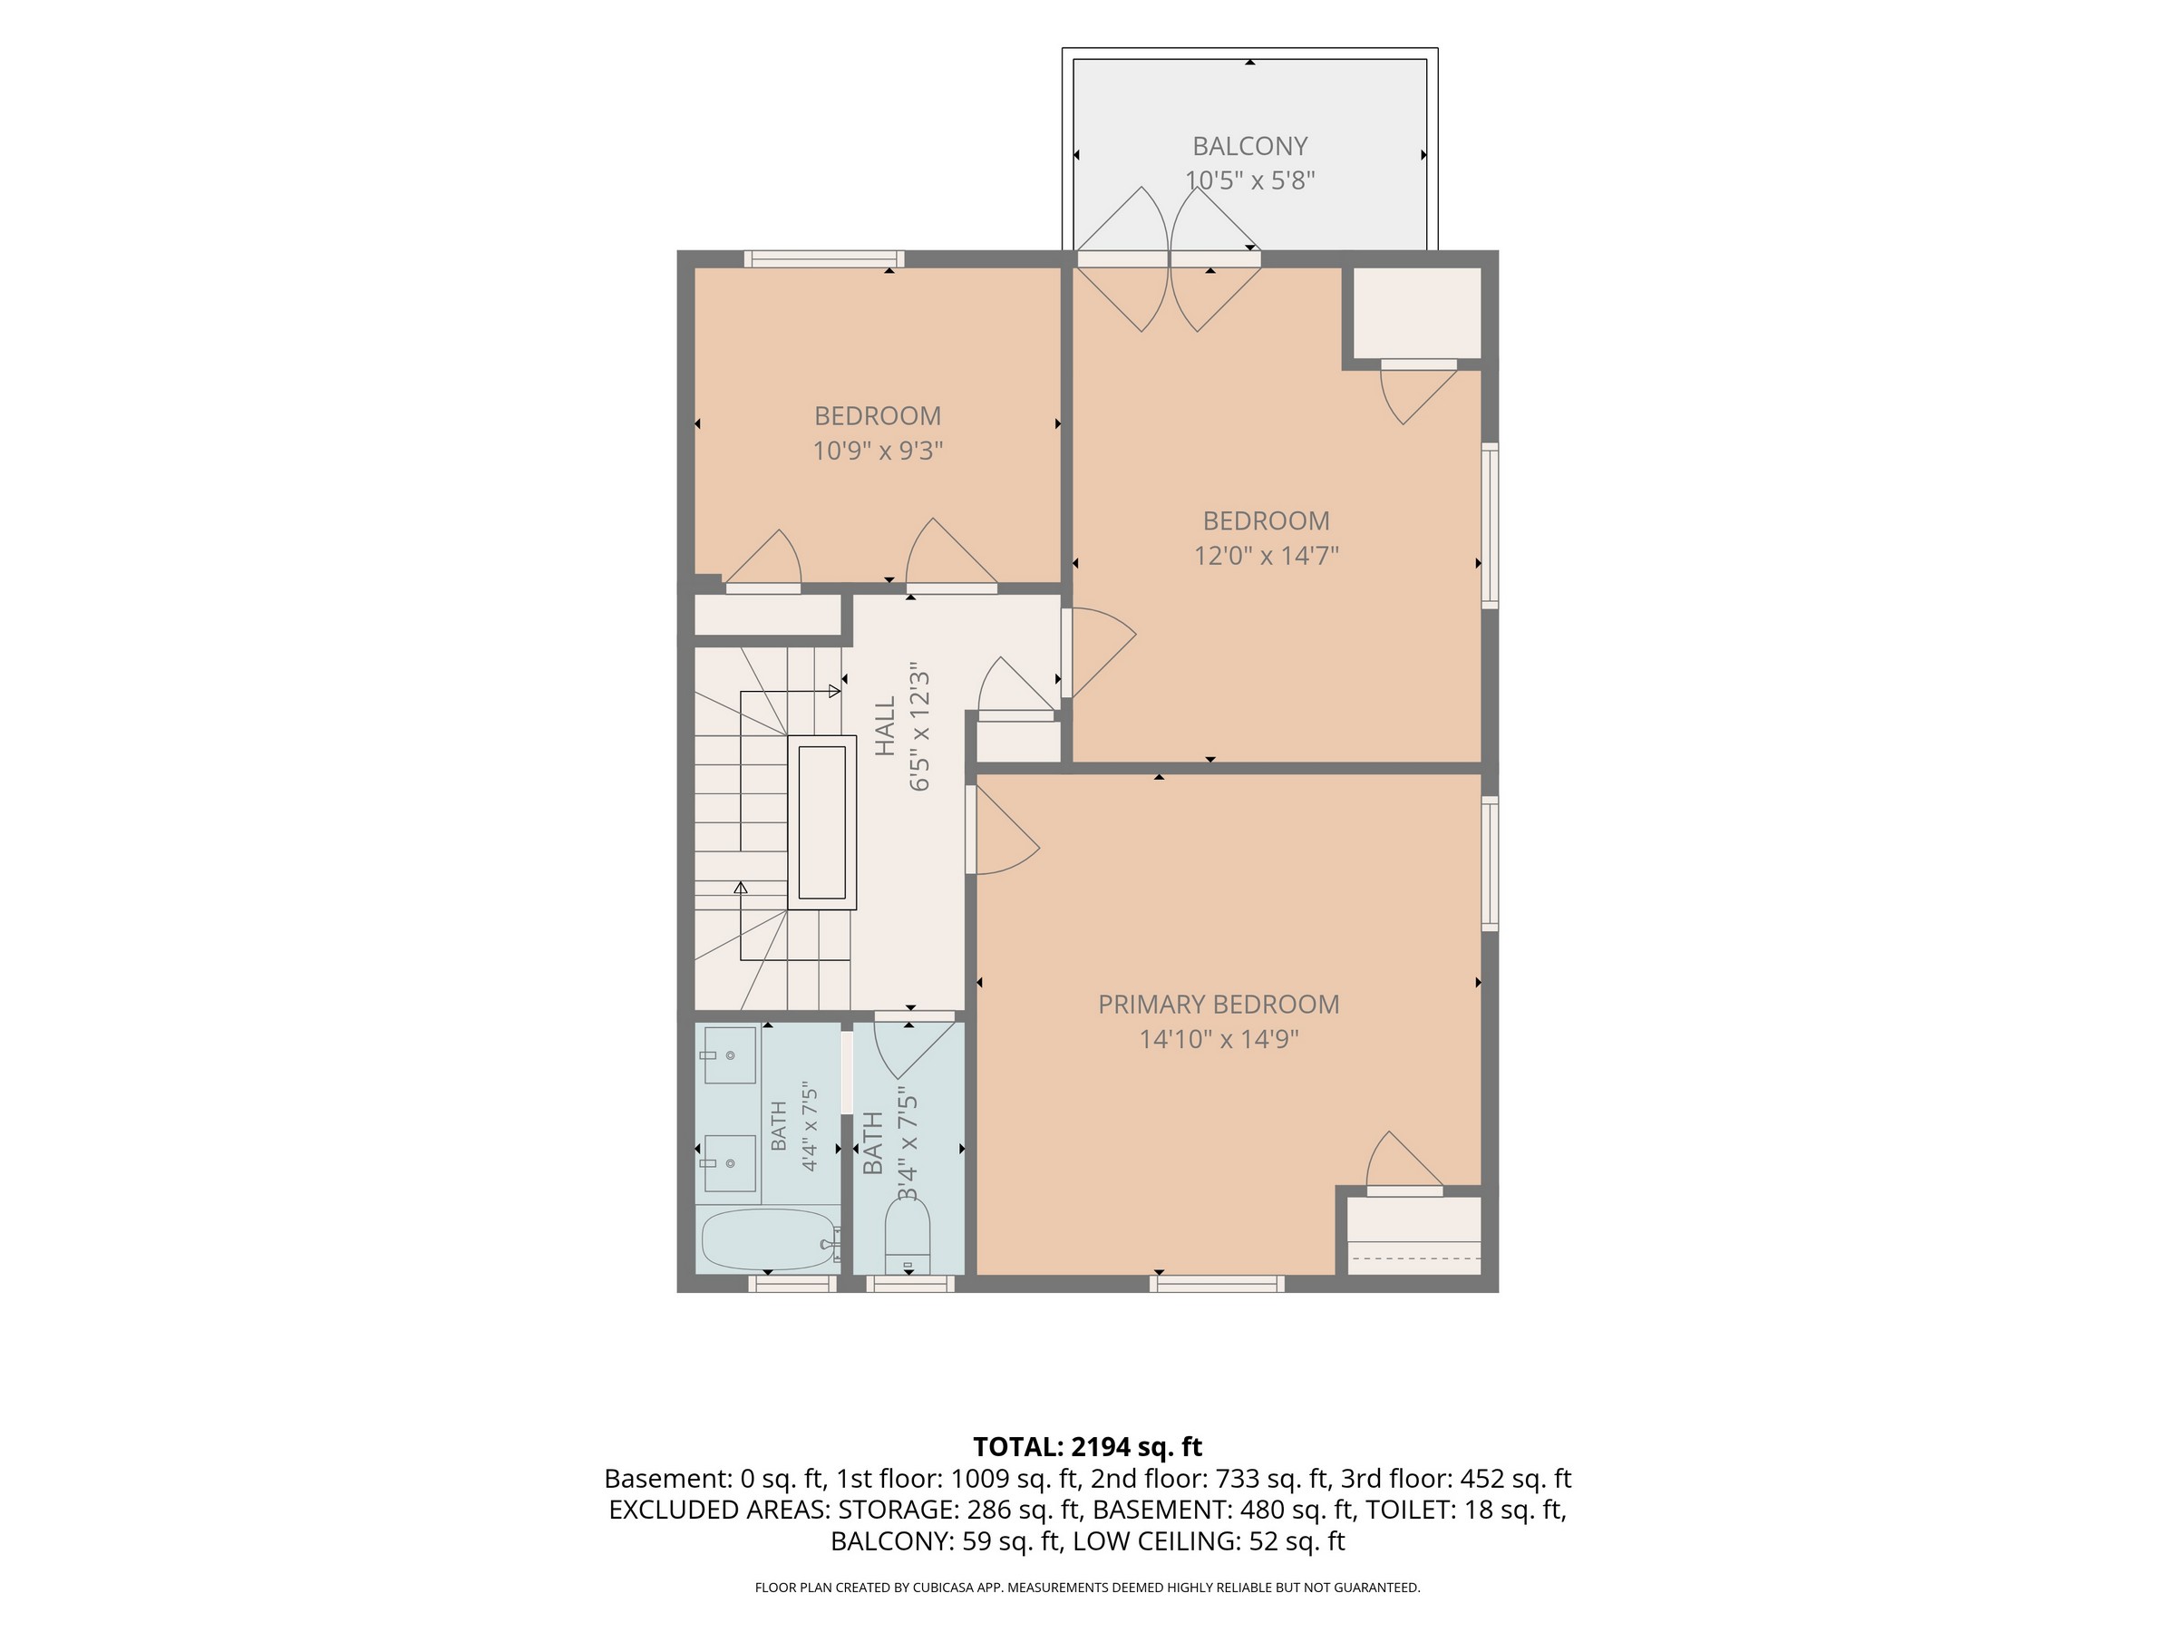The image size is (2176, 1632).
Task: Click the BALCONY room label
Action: pos(1249,147)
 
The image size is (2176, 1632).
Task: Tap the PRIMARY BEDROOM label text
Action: pos(1219,1005)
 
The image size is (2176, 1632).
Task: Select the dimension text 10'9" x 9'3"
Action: pos(878,451)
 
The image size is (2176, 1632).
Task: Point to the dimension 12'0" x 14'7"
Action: pos(1266,556)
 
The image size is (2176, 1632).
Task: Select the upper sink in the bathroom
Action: pos(729,1054)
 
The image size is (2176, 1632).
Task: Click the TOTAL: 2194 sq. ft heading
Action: pos(1087,1447)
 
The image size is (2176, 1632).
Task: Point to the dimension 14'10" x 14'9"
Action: pos(1219,1039)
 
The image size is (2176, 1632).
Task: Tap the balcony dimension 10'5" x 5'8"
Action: pos(1249,181)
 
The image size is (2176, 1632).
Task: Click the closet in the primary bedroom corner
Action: pos(1413,1236)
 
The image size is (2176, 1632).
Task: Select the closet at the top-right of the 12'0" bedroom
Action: pos(1417,313)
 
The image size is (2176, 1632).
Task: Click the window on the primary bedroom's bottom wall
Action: pos(1217,1284)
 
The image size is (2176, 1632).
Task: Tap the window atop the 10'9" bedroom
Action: pos(824,258)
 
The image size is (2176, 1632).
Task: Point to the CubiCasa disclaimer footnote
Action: pos(1087,1588)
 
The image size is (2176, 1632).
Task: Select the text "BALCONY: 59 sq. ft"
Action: pos(946,1541)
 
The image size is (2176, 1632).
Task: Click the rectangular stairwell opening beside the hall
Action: pos(821,822)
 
